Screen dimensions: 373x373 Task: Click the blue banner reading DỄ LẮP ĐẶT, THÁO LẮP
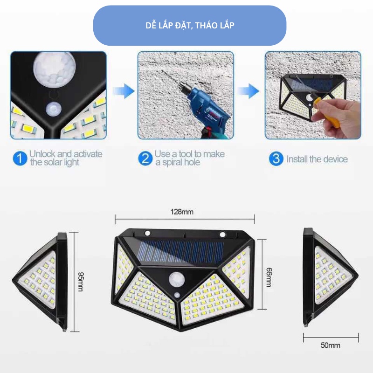[189, 25]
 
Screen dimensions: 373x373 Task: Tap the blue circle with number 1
[19, 159]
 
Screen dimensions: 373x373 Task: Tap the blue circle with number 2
[145, 159]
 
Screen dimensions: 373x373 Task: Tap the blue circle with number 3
[276, 159]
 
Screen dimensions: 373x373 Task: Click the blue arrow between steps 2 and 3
[252, 91]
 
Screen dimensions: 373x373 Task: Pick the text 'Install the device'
[317, 159]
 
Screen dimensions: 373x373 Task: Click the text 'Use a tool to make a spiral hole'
[189, 158]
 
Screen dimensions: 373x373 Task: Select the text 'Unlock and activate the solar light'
[65, 158]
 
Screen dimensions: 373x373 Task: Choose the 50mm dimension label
[330, 345]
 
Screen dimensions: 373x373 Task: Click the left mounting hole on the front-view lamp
[147, 234]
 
